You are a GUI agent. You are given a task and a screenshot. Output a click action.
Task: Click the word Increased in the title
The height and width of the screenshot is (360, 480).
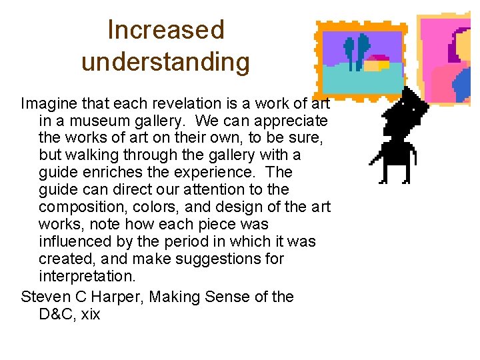[166, 30]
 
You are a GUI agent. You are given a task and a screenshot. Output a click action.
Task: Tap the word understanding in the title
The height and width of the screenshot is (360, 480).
[166, 62]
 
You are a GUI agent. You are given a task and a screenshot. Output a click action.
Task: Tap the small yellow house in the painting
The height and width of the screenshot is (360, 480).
[376, 63]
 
